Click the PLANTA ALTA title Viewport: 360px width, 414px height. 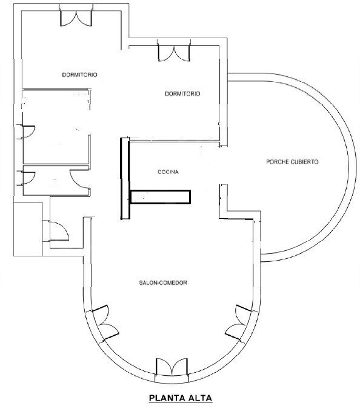pos(181,398)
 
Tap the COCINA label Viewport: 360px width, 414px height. pos(168,172)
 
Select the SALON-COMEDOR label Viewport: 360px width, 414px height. pos(163,283)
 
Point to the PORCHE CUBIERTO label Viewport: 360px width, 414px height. pos(292,162)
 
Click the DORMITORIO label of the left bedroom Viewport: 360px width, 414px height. pos(80,75)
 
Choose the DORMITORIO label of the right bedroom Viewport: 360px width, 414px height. pos(182,94)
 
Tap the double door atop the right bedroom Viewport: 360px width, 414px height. pos(174,52)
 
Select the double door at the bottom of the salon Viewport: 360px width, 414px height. pos(172,367)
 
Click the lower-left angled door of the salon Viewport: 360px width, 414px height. pos(105,322)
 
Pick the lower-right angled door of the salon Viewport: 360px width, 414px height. pos(239,322)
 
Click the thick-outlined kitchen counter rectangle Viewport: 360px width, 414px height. pos(161,197)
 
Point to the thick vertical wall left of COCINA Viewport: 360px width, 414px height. pos(125,178)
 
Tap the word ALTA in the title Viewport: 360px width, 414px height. pos(201,398)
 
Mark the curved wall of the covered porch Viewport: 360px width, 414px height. pos(353,167)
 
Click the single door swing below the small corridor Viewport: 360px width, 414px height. pos(59,232)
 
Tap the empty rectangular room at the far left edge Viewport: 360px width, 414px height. pos(28,229)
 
